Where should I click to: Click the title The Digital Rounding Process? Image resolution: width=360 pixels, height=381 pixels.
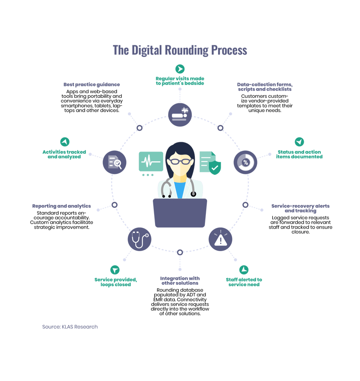click(180, 50)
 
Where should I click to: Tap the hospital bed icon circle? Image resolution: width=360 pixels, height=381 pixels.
click(180, 114)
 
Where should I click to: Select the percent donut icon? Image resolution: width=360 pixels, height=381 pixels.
click(245, 162)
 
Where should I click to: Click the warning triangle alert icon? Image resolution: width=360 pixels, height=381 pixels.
click(220, 240)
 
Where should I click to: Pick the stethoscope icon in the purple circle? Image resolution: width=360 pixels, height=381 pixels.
click(139, 240)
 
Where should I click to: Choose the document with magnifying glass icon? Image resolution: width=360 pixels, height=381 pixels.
click(115, 162)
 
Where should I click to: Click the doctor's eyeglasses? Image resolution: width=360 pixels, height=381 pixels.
click(180, 161)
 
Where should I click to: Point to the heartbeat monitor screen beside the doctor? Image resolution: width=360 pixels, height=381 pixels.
click(150, 162)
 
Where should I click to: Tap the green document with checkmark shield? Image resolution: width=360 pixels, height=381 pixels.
click(210, 163)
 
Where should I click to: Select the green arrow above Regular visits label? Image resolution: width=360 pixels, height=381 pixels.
click(180, 69)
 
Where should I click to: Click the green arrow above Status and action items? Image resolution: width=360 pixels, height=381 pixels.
click(299, 142)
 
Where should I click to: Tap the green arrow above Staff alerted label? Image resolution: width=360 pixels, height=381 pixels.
click(244, 270)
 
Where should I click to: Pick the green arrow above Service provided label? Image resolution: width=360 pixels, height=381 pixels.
click(115, 270)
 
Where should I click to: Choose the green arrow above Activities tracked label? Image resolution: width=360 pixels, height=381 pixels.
click(64, 142)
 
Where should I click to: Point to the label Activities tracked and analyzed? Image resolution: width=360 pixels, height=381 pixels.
click(64, 154)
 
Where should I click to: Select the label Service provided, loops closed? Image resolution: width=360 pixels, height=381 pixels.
click(116, 282)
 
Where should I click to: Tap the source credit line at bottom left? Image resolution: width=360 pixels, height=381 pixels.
click(70, 327)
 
